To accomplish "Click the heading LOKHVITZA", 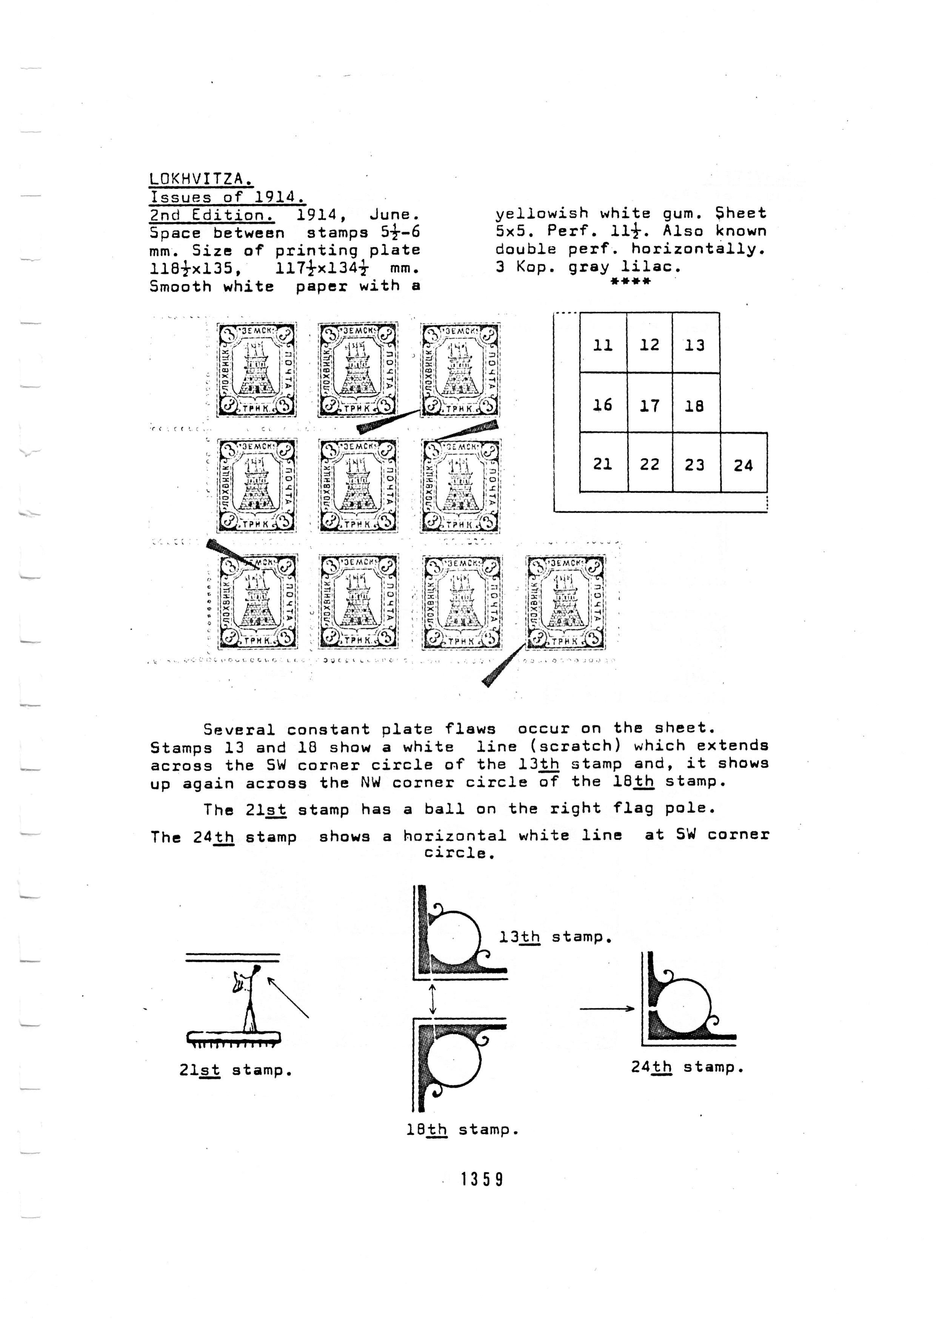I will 200,179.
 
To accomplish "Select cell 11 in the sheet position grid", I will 603,344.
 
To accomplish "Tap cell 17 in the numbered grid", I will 650,406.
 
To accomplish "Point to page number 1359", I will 482,1175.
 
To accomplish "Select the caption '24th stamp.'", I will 687,1067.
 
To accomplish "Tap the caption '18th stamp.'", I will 463,1130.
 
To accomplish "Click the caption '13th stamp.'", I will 554,937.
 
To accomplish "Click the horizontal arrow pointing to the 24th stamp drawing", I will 607,1008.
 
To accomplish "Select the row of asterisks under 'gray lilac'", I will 631,281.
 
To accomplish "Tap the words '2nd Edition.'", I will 212,215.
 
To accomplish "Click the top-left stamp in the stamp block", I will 257,369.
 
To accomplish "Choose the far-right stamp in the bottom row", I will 565,602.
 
